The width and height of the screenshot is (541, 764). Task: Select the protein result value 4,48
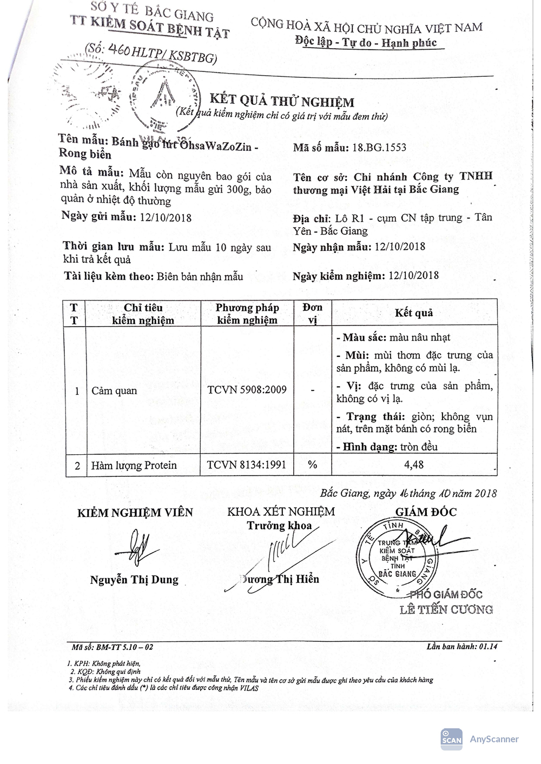pyautogui.click(x=414, y=464)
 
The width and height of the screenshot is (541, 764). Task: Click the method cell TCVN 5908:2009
pyautogui.click(x=247, y=390)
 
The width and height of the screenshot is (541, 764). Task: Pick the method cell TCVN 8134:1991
pyautogui.click(x=247, y=464)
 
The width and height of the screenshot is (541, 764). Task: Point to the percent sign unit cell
pyautogui.click(x=312, y=464)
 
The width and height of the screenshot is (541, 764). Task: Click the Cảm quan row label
pyautogui.click(x=114, y=390)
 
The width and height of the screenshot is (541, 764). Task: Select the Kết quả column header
pyautogui.click(x=414, y=313)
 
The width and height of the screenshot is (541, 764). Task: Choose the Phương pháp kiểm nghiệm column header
pyautogui.click(x=247, y=314)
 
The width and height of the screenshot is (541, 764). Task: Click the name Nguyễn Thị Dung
pyautogui.click(x=134, y=580)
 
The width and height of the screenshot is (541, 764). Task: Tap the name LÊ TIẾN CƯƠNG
pyautogui.click(x=446, y=610)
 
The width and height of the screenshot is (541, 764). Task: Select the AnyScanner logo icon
pyautogui.click(x=452, y=739)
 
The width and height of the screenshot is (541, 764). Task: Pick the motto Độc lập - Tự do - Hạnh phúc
pyautogui.click(x=366, y=43)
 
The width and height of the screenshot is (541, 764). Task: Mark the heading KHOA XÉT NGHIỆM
pyautogui.click(x=281, y=511)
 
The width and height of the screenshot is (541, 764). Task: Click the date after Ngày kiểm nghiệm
pyautogui.click(x=414, y=276)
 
